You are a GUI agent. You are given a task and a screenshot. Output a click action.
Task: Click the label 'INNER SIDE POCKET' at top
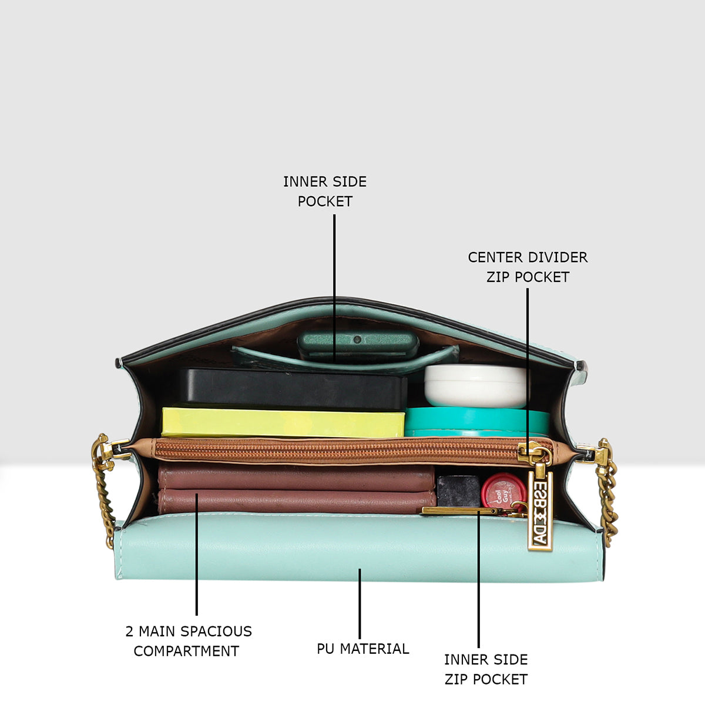pyautogui.click(x=325, y=192)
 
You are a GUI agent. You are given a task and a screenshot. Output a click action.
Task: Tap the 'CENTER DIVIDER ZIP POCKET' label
pyautogui.click(x=528, y=267)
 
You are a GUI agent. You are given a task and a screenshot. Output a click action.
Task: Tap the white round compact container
pyautogui.click(x=476, y=385)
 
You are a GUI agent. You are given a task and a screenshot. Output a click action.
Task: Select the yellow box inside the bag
pyautogui.click(x=283, y=422)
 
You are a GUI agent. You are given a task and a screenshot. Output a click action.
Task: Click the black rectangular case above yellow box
pyautogui.click(x=293, y=388)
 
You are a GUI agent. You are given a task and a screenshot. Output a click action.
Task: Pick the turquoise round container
pyautogui.click(x=477, y=422)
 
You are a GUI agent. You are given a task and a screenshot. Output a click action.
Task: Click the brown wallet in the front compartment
pyautogui.click(x=297, y=488)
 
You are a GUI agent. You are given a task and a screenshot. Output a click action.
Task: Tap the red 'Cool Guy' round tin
pyautogui.click(x=503, y=491)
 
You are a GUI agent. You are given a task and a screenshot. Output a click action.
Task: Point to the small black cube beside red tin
pyautogui.click(x=458, y=491)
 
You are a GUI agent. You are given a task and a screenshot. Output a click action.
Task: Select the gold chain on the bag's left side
pyautogui.click(x=103, y=490)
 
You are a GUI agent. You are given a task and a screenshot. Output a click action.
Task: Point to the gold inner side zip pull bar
pyautogui.click(x=457, y=511)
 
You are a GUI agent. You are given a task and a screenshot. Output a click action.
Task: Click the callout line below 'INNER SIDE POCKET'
pyautogui.click(x=334, y=288)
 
